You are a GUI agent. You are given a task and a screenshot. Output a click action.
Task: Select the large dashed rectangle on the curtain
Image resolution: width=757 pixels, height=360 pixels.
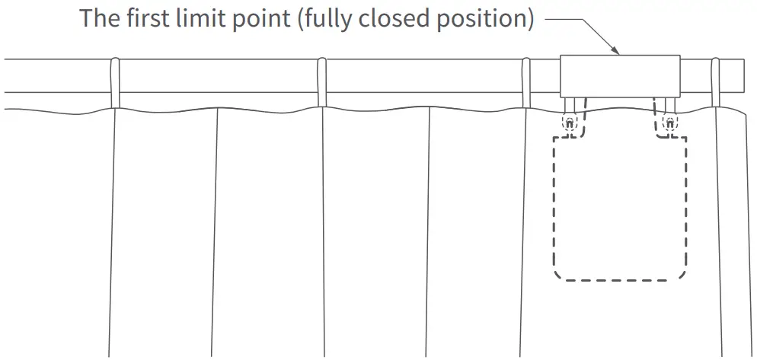[621, 207]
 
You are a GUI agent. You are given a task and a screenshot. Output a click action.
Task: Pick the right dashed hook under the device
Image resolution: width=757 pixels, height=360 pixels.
[669, 121]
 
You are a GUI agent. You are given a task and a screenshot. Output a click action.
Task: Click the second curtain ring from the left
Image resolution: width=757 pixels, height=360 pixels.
[321, 82]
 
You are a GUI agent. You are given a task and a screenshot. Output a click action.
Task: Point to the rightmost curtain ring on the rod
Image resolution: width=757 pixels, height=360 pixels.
[716, 82]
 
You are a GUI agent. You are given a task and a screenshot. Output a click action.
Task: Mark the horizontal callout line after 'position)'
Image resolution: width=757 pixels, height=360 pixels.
[564, 19]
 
